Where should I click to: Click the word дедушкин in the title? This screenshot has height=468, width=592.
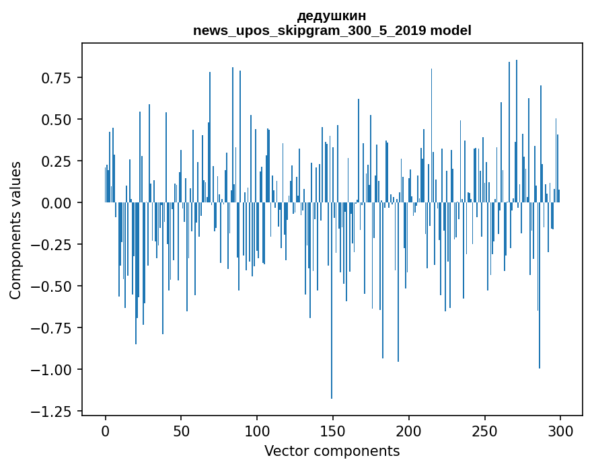click(x=332, y=15)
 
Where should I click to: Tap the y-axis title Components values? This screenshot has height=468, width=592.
click(x=15, y=230)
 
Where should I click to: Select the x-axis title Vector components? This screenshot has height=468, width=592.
click(x=332, y=451)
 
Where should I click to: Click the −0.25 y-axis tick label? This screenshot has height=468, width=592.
click(x=53, y=245)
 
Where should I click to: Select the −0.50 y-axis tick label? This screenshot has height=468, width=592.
click(x=53, y=286)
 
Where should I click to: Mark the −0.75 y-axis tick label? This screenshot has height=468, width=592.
click(x=53, y=328)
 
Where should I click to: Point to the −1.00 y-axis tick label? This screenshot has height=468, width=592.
click(x=53, y=370)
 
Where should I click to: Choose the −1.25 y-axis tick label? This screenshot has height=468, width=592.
click(x=53, y=412)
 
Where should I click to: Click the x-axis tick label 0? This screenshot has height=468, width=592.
click(x=106, y=432)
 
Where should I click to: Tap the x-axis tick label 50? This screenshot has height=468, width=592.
click(x=181, y=432)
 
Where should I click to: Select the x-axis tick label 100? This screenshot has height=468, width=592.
click(x=257, y=432)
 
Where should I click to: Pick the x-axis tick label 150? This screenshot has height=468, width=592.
click(x=332, y=432)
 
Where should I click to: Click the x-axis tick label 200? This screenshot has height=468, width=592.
click(x=408, y=432)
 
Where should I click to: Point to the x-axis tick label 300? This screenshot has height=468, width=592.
click(x=560, y=432)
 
